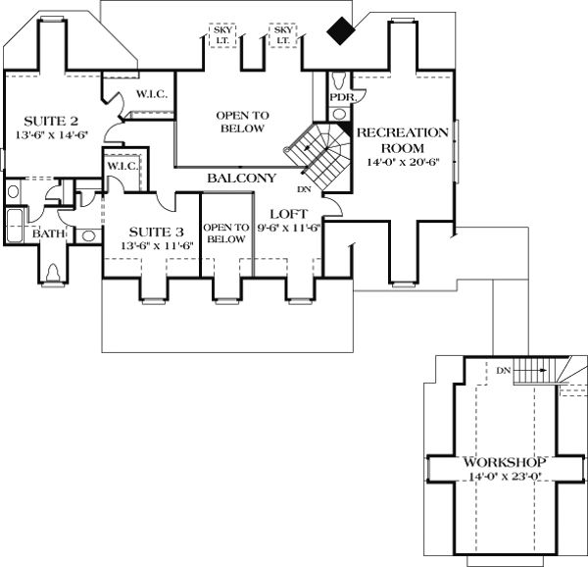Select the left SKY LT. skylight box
[222, 35]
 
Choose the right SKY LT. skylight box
[283, 35]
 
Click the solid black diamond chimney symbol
[341, 32]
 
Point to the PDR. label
[341, 97]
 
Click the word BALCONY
[240, 179]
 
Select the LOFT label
[289, 214]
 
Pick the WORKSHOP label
[492, 461]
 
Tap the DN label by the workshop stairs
[503, 370]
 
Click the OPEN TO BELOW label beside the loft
[225, 232]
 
